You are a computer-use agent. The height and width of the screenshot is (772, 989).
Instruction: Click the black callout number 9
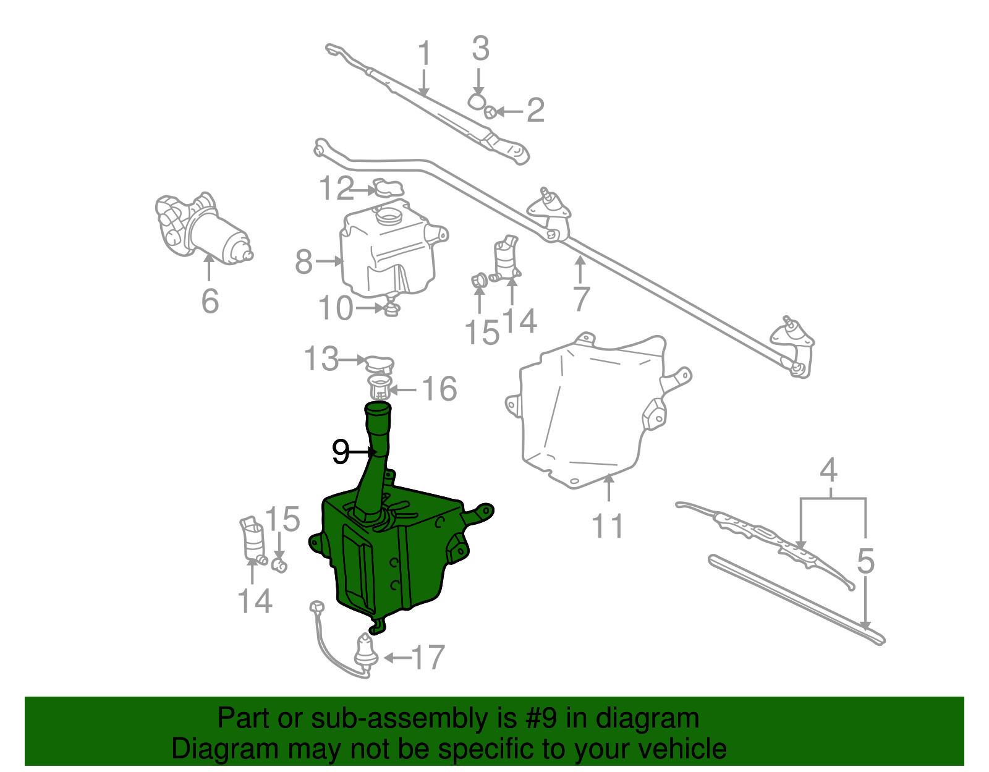[x=341, y=452]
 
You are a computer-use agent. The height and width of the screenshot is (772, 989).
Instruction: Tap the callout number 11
[x=608, y=526]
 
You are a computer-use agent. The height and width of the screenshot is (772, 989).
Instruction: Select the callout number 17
[x=428, y=658]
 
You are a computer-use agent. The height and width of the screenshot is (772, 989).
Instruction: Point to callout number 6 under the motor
[x=210, y=301]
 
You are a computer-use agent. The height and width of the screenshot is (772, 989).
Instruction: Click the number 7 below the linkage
[x=581, y=299]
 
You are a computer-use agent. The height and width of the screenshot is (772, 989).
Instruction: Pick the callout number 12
[x=336, y=189]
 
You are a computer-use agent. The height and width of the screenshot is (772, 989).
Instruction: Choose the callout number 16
[x=439, y=389]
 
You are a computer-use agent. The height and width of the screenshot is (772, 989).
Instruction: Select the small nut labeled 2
[x=489, y=112]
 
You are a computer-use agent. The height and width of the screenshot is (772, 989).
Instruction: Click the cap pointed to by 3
[x=477, y=101]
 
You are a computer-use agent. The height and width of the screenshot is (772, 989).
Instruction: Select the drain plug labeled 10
[x=391, y=307]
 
